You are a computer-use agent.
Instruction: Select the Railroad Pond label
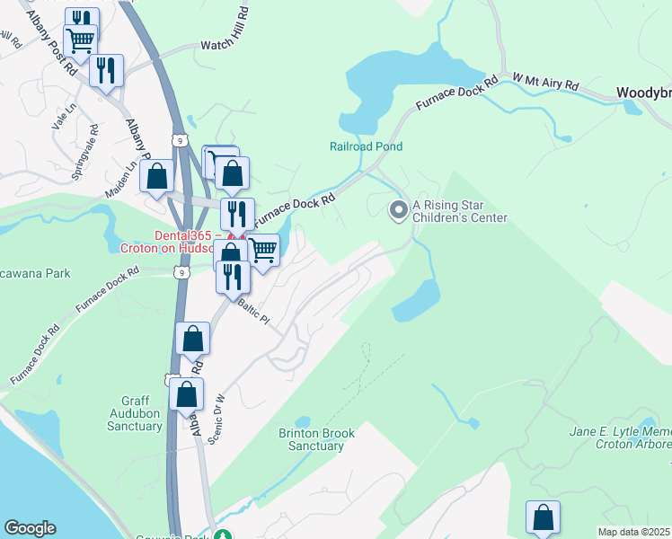tap(366, 146)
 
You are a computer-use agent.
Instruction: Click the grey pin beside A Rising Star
tap(397, 211)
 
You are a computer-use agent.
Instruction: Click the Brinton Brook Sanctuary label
tap(316, 439)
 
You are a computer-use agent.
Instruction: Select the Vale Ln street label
tap(59, 116)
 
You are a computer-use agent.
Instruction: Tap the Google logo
tap(30, 528)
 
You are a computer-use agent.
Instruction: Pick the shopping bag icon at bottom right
tap(544, 517)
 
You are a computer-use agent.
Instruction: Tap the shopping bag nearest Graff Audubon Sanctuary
tap(186, 394)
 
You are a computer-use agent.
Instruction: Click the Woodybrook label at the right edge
tap(643, 93)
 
